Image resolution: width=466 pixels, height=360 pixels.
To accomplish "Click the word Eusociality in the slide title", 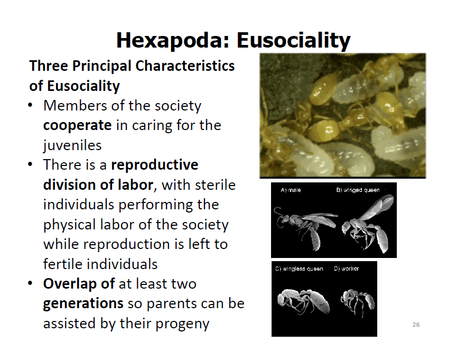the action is (294, 40).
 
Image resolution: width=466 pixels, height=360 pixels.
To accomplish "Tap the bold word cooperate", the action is (77, 126).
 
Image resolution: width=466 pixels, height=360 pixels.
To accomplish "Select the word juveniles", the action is (72, 145).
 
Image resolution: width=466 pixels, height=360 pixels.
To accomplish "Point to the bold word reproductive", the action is (154, 165).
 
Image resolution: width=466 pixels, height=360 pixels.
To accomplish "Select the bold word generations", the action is (83, 304).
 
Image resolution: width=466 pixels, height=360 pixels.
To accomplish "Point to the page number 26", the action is (416, 325).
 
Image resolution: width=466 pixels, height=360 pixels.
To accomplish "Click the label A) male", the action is (291, 190).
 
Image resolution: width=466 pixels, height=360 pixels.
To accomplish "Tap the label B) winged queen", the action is (358, 190).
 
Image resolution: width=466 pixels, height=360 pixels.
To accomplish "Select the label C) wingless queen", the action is (299, 269).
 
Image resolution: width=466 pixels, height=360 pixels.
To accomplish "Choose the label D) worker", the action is (346, 269).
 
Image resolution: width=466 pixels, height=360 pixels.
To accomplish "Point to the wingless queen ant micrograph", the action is (303, 301).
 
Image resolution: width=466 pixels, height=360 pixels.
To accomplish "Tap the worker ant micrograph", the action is (358, 302).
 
